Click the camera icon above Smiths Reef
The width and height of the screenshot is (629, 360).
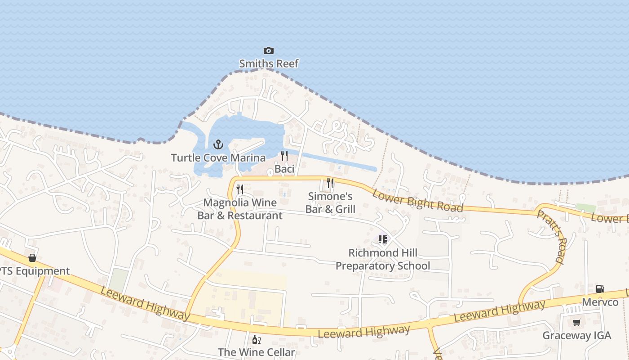[268, 50]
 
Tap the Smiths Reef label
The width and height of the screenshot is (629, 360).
[269, 63]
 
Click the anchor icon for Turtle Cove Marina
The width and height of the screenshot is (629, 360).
[218, 144]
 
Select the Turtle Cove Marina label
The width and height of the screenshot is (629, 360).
[218, 157]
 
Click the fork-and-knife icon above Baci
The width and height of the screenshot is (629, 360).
[284, 156]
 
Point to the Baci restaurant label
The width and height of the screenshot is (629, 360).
[284, 169]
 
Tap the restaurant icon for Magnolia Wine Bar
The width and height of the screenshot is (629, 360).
[240, 189]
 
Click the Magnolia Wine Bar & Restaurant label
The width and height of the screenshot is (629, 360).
[240, 209]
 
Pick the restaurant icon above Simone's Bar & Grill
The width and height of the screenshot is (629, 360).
[330, 183]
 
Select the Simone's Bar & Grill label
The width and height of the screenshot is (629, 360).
[330, 202]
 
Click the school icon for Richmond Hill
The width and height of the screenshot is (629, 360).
[382, 239]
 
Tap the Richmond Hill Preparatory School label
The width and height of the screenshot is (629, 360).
[383, 259]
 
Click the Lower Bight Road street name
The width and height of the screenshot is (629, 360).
[417, 201]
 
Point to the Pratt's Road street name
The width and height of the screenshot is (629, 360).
[550, 236]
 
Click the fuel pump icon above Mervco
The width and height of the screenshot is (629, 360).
[600, 289]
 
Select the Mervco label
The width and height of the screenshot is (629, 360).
[600, 302]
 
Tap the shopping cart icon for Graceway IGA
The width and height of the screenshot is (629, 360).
[577, 322]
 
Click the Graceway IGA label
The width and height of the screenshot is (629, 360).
[577, 335]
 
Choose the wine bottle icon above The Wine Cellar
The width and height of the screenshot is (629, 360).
[256, 339]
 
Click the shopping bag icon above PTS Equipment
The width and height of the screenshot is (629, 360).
[32, 258]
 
